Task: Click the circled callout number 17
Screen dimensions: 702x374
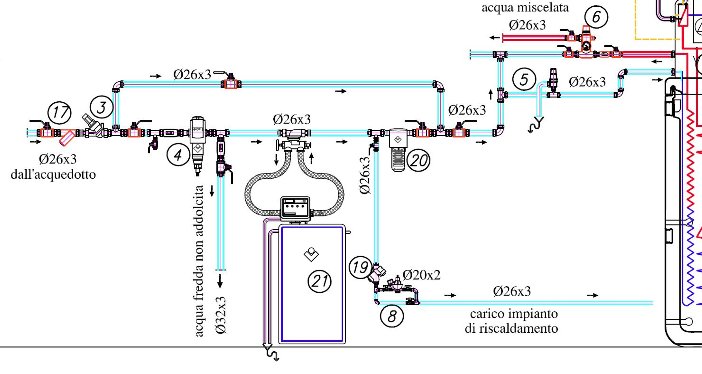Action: point(59,112)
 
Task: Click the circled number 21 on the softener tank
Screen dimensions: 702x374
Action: point(319,281)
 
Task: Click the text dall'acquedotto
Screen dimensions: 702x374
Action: point(53,174)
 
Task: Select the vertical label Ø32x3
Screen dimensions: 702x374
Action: point(221,315)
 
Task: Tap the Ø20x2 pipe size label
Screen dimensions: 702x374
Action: point(421,275)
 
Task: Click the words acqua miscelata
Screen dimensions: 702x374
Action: point(525,8)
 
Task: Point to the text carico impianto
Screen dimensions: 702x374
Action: point(514,314)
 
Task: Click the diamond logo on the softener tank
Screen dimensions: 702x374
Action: point(311,254)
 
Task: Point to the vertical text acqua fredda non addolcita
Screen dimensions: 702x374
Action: point(199,261)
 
